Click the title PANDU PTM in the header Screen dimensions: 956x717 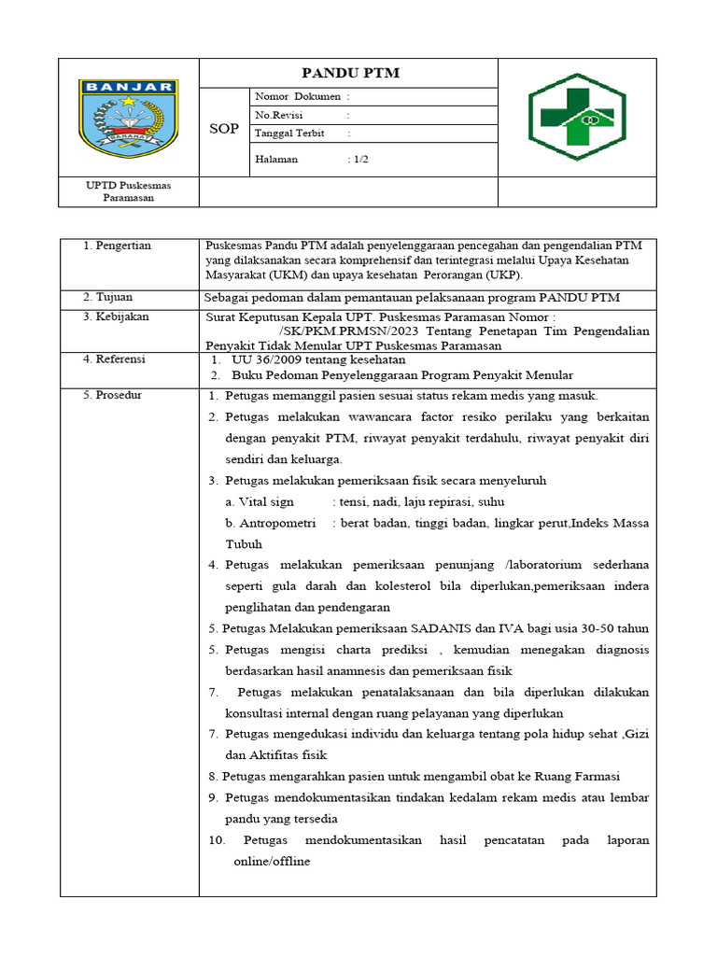349,74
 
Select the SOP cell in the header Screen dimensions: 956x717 223,129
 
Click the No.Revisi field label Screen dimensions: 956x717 281,115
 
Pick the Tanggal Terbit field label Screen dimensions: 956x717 289,133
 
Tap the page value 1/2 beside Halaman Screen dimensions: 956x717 360,159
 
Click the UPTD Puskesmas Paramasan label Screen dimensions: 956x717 129,191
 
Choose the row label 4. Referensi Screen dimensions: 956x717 115,358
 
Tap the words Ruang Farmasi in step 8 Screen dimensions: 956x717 582,777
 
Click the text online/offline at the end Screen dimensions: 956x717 272,861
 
